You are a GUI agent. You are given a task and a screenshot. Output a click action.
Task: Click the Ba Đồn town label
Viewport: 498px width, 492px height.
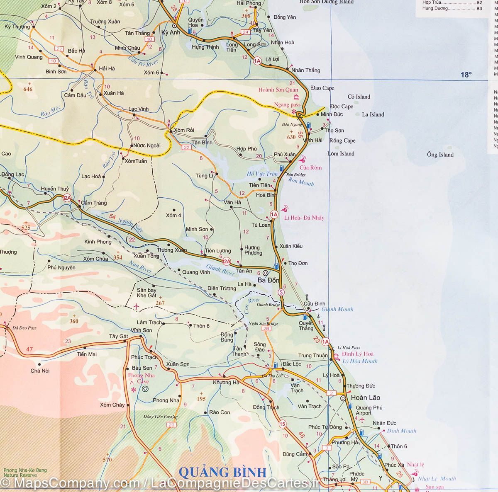(269, 280)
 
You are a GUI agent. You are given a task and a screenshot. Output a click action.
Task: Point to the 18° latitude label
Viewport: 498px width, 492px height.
(466, 75)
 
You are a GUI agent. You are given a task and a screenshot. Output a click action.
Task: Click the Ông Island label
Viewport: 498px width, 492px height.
(440, 155)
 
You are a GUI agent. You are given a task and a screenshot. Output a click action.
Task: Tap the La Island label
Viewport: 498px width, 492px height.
(373, 114)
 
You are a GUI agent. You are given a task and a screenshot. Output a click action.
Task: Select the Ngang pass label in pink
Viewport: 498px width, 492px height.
(287, 105)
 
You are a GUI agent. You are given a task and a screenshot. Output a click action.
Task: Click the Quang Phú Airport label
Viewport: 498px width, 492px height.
(364, 410)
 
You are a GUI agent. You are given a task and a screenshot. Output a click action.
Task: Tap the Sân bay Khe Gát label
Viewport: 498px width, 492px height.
(146, 293)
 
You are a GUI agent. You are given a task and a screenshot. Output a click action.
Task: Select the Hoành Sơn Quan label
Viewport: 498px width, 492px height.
(278, 90)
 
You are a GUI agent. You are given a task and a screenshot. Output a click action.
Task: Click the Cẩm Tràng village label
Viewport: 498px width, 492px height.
(93, 203)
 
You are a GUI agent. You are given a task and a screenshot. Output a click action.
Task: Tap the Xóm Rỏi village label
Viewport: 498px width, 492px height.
(184, 130)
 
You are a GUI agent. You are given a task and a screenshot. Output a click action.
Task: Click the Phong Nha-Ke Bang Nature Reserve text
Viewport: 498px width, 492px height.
(25, 473)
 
